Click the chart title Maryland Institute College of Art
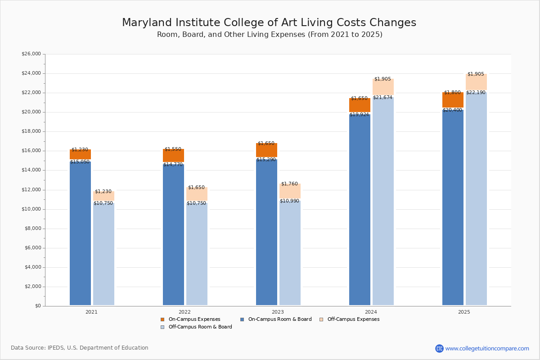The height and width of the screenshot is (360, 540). point(269,23)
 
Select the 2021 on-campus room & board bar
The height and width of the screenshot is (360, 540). point(80,234)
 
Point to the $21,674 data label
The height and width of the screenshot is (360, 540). point(382,97)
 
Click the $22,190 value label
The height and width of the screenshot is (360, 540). point(476,92)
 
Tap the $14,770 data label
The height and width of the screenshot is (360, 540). point(173,165)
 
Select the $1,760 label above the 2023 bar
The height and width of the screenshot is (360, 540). point(289,184)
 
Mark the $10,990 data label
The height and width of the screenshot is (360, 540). point(289,201)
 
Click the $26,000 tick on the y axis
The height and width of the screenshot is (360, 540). point(31,54)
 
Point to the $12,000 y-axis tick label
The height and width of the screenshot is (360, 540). point(31,190)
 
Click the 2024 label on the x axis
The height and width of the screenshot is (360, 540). point(371,312)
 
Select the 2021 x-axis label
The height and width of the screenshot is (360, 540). point(91,312)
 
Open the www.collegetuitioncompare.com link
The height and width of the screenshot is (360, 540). point(487,348)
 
